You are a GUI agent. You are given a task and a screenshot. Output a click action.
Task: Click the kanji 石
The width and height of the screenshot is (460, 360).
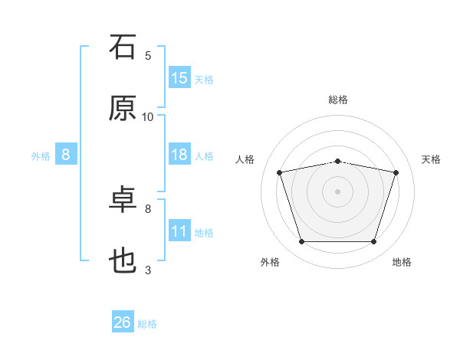pos(123,47)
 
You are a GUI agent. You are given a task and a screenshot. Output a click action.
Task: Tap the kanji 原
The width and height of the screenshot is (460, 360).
pos(123,108)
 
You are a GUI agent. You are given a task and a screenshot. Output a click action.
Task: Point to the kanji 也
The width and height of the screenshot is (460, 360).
pos(123,260)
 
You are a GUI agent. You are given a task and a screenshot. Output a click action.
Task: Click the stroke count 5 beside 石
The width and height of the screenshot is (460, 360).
pos(148,56)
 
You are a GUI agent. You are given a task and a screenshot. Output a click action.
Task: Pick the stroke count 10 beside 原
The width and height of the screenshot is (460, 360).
pos(147,117)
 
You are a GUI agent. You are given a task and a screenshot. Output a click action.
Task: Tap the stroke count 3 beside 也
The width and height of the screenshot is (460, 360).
pos(148,270)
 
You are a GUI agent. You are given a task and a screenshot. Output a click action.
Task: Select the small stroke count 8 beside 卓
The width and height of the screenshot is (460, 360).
pos(148,209)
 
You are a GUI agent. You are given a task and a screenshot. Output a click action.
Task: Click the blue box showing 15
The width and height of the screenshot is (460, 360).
pos(179,77)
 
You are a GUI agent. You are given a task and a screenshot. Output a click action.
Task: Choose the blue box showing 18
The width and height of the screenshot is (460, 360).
pos(179,154)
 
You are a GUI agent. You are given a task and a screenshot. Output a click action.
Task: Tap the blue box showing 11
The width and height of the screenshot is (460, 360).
pos(179,230)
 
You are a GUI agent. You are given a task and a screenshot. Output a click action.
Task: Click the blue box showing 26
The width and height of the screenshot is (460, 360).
pos(123,321)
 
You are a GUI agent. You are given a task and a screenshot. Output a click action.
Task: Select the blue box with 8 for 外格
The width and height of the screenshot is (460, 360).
pos(66,154)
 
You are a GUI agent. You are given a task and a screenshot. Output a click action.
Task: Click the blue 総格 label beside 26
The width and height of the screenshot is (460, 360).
pos(147,324)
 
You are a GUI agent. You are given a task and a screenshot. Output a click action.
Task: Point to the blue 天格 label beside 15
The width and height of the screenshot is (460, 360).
pos(204,80)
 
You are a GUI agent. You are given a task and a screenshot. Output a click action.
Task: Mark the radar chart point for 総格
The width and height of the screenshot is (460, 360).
pos(337,162)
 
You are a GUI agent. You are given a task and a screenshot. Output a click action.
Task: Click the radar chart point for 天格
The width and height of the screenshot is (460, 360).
pos(396,172)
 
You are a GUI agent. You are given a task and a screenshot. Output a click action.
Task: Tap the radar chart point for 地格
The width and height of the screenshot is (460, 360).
pos(373,241)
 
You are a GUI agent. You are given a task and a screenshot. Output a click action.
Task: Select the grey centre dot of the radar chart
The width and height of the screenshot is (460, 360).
pos(337,191)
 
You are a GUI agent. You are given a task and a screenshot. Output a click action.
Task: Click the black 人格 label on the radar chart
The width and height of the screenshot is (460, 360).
pos(245,159)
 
